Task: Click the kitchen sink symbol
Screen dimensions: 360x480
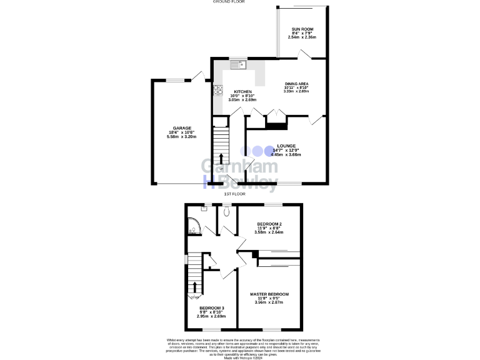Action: pos(239,64)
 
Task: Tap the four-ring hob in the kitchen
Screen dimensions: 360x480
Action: pos(218,90)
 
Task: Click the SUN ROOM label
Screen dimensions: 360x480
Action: pos(302,29)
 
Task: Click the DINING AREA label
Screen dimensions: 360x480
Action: pos(297,84)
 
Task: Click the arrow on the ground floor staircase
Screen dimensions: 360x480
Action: pos(220,154)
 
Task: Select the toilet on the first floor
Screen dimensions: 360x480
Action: pos(226,212)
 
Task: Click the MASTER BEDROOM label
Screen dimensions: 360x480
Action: pos(269,294)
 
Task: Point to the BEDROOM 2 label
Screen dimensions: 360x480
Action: pos(269,224)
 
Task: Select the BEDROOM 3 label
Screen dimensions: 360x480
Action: pos(212,307)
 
